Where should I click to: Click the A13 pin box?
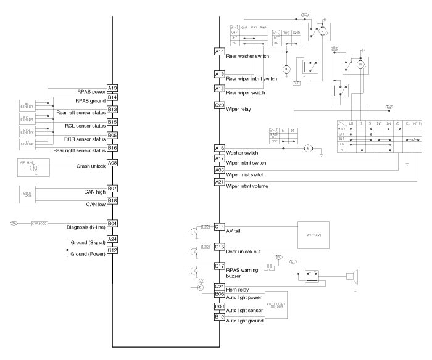(112, 88)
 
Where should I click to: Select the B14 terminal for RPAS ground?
(112, 97)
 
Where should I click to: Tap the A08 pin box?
(112, 163)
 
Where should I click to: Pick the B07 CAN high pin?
(112, 188)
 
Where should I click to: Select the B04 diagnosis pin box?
(112, 223)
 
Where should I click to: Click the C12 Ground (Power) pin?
(112, 250)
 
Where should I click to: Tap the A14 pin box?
(220, 51)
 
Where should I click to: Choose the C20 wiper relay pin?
(220, 105)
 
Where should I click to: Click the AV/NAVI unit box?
(314, 235)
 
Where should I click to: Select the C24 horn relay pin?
(220, 286)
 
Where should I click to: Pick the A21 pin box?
(220, 182)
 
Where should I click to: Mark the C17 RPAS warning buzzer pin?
(220, 266)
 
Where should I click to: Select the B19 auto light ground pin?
(220, 317)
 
